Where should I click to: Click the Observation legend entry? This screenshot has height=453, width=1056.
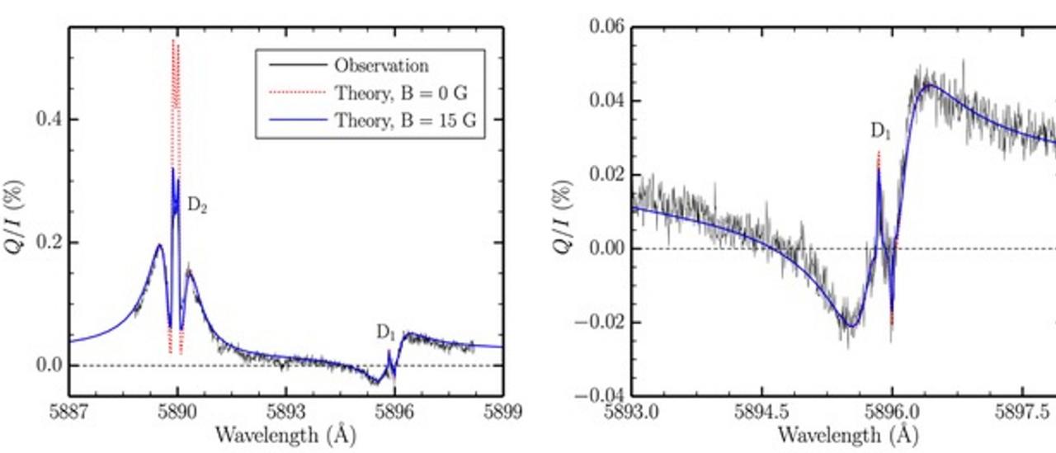coord(380,66)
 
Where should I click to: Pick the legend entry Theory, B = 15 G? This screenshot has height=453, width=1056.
coord(404,120)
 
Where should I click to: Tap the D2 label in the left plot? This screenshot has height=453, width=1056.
coord(196,206)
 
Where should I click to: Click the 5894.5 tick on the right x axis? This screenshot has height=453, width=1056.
coord(762,412)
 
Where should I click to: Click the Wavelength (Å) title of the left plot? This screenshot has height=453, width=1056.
coord(285,435)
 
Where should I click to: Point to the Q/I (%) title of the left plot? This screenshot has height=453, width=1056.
coord(18,213)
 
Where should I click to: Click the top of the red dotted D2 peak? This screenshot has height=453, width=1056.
coord(173,40)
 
